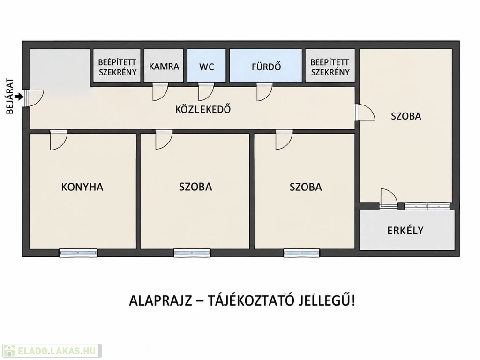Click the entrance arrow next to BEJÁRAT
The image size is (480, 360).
pos(19,97)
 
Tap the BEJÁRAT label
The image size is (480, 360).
pos(10,97)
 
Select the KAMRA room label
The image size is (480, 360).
pos(164,67)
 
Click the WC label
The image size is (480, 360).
pos(207,67)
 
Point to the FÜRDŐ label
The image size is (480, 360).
pos(266,67)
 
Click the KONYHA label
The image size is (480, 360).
pos(82,187)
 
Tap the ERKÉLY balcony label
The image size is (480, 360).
pos(405,230)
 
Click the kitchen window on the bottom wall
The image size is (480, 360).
pos(78,253)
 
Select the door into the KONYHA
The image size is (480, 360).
pos(59,140)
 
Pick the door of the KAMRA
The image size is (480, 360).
pos(160,92)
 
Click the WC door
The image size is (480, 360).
pos(206,92)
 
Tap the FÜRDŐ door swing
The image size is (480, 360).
pos(264,92)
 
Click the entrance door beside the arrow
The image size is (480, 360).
pos(34,98)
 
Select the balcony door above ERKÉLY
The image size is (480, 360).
pos(389,199)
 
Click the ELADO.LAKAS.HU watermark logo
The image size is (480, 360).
pos(52,351)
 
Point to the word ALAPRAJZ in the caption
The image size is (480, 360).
pos(160,301)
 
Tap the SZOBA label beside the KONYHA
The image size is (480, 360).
pos(195,187)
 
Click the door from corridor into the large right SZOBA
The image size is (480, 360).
pos(365,112)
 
